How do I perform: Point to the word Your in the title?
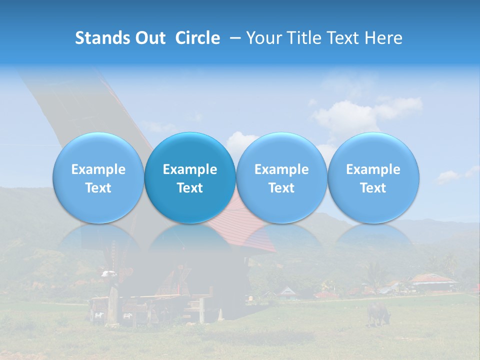pyautogui.click(x=262, y=38)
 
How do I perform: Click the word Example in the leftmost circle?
pyautogui.click(x=98, y=169)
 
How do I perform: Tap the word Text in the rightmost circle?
pyautogui.click(x=373, y=188)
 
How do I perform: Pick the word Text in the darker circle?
pyautogui.click(x=190, y=188)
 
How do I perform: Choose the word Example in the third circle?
pyautogui.click(x=281, y=169)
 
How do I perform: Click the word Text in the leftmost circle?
pyautogui.click(x=98, y=188)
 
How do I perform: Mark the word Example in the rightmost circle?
pyautogui.click(x=373, y=169)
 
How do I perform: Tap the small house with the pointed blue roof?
pyautogui.click(x=287, y=291)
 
